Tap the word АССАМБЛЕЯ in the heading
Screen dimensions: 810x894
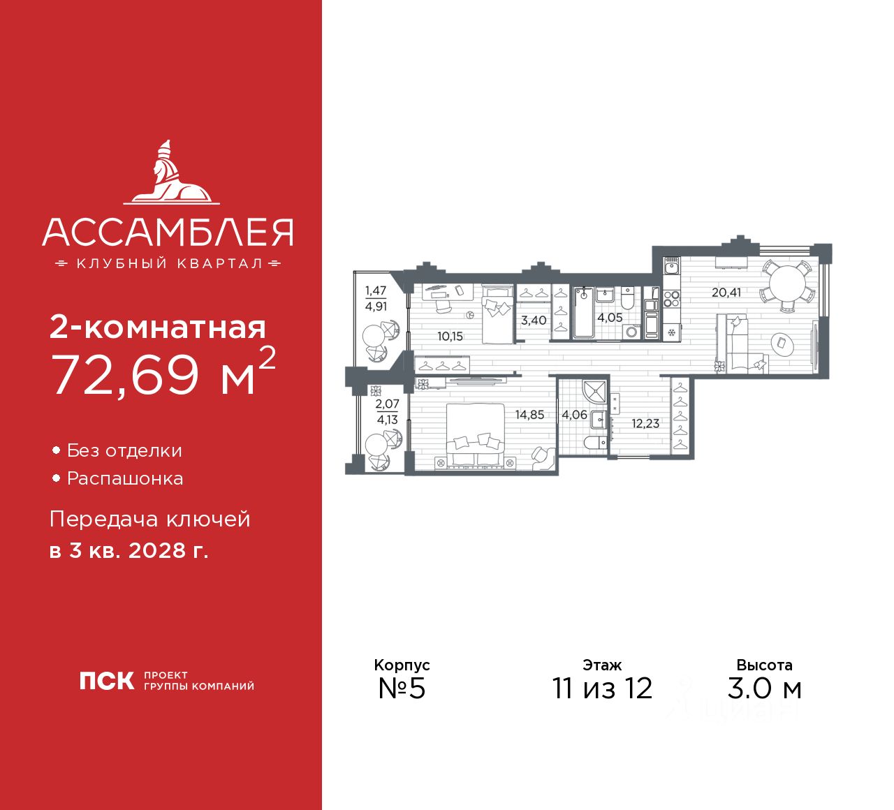[x=168, y=233]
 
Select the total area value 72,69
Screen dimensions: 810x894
[x=126, y=374]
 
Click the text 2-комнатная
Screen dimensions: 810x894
[x=158, y=327]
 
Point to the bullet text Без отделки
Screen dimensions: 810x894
[x=124, y=451]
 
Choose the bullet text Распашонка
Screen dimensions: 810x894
[x=125, y=479]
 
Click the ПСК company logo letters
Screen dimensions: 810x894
[x=107, y=681]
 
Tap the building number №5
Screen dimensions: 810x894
[x=402, y=688]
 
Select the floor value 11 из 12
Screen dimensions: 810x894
[x=602, y=688]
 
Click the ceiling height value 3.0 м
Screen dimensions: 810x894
[x=764, y=688]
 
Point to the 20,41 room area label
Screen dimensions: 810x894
[x=726, y=293]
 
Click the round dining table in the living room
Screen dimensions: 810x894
[x=787, y=286]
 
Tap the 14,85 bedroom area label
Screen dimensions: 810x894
[x=529, y=415]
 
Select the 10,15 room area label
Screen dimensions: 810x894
[x=450, y=337]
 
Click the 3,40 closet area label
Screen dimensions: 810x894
[x=534, y=321]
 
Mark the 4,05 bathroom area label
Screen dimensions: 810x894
[x=610, y=318]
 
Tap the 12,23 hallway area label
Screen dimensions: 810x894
[x=645, y=423]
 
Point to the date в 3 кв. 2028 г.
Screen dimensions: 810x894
[x=129, y=551]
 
